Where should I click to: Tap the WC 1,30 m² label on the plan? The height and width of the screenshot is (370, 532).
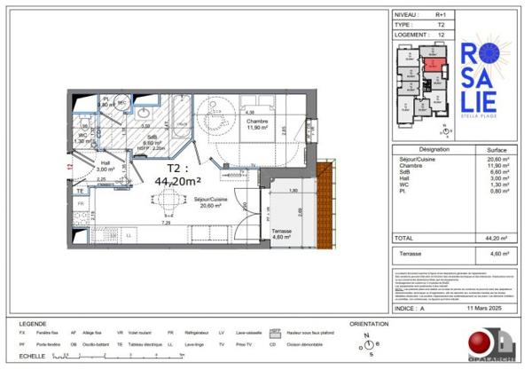80,138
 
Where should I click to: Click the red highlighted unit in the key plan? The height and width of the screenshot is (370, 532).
429,63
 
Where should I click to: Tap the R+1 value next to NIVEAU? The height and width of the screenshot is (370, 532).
437,15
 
